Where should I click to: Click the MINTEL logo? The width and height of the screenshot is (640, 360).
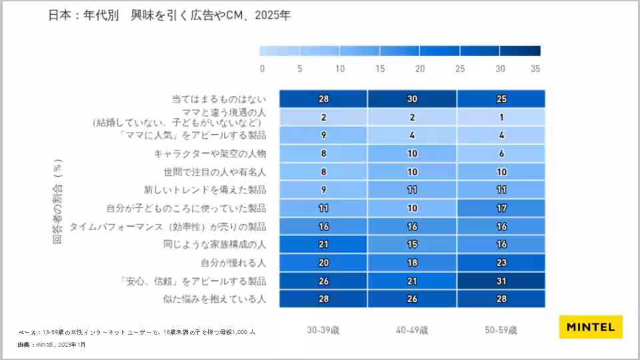[590, 327]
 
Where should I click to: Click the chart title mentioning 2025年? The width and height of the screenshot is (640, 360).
[169, 15]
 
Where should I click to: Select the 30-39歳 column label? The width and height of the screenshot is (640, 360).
[323, 330]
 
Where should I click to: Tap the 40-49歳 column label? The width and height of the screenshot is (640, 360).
[412, 330]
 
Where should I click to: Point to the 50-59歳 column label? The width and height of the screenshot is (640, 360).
[501, 330]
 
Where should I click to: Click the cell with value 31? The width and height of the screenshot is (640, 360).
[501, 281]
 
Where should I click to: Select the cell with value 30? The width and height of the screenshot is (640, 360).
[412, 99]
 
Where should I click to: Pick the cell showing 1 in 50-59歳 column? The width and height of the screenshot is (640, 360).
[501, 117]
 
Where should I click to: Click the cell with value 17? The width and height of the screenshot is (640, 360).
[501, 208]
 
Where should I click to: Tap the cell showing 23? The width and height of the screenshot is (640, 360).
[501, 263]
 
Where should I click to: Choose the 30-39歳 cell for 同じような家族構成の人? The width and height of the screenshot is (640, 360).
[323, 244]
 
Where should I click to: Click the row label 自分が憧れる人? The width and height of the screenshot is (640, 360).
[233, 263]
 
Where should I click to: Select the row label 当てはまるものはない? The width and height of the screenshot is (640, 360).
[219, 99]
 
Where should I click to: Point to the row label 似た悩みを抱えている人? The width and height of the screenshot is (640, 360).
[215, 299]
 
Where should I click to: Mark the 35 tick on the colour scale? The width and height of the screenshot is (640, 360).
[535, 69]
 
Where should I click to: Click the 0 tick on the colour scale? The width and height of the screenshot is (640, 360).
[262, 69]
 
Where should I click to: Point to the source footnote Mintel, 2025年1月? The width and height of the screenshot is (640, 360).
[52, 345]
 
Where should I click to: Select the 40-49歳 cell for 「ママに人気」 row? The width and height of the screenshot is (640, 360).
[412, 135]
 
